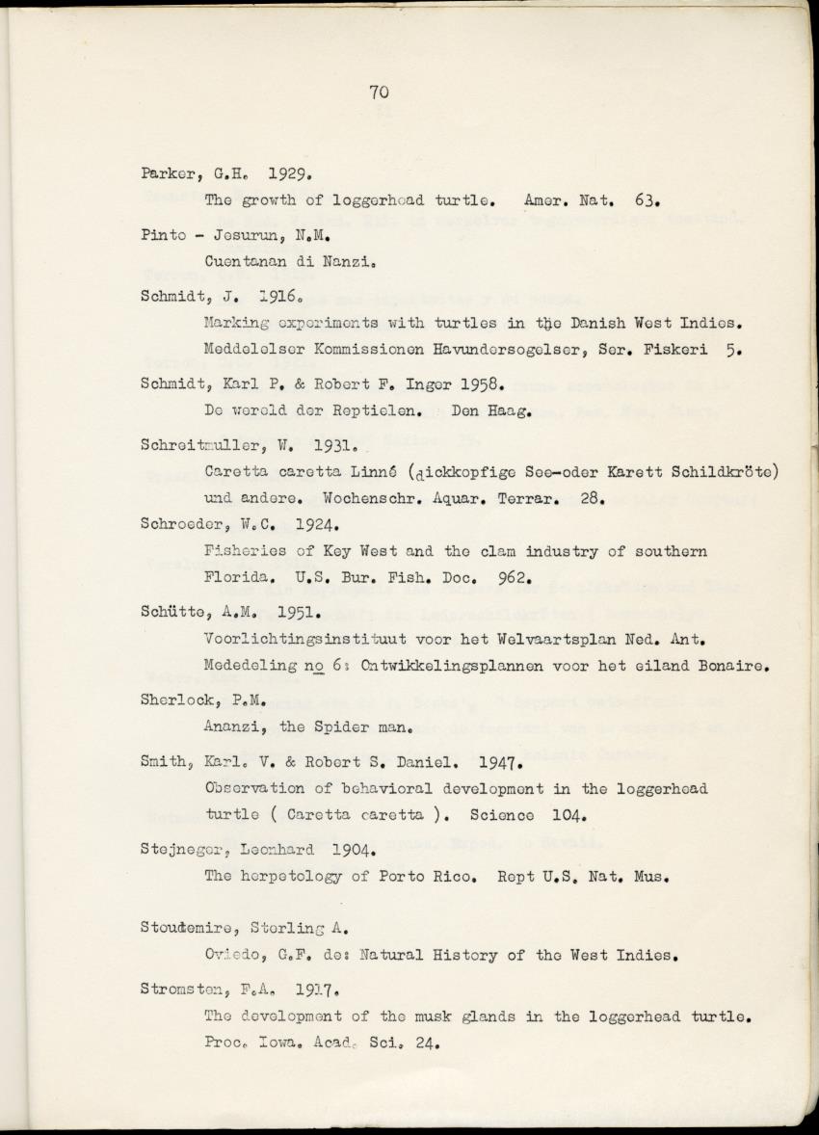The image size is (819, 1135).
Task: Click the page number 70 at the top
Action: [378, 92]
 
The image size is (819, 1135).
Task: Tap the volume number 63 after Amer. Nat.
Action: [647, 202]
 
